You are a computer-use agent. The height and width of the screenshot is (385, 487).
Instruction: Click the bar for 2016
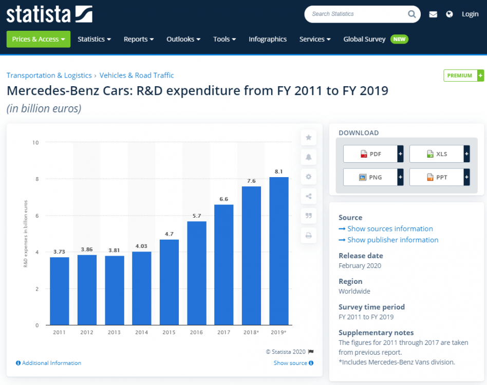[197, 273]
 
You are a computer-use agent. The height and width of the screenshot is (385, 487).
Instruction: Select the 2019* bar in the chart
[279, 251]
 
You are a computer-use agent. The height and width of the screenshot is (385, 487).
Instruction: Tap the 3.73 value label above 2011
[60, 252]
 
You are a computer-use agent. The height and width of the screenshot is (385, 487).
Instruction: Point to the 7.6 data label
[252, 181]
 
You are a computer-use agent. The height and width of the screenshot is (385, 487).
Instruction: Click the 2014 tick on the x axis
[142, 333]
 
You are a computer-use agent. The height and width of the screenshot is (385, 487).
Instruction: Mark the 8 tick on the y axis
[36, 179]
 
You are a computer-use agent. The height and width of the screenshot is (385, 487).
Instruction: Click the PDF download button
[370, 153]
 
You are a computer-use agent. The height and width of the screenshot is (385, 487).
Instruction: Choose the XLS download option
[437, 153]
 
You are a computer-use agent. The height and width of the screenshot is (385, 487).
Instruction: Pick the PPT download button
[437, 177]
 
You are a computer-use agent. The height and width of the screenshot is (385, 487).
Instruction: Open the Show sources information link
[390, 228]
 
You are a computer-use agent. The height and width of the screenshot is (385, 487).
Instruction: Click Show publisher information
[392, 240]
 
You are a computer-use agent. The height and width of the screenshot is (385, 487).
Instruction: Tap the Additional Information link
[51, 363]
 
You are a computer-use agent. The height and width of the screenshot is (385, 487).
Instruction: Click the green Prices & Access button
[38, 39]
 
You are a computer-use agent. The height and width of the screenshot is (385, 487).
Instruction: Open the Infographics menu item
[268, 39]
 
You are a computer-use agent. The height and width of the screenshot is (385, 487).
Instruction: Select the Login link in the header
[470, 14]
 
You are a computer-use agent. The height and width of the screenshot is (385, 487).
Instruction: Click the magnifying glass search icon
[412, 14]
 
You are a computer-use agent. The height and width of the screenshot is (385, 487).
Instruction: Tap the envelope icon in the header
[433, 14]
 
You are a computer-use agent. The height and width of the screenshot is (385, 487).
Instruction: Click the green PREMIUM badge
[460, 75]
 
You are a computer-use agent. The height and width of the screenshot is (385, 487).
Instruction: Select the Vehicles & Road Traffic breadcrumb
[137, 75]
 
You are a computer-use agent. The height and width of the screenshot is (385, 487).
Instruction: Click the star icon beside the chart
[309, 138]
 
